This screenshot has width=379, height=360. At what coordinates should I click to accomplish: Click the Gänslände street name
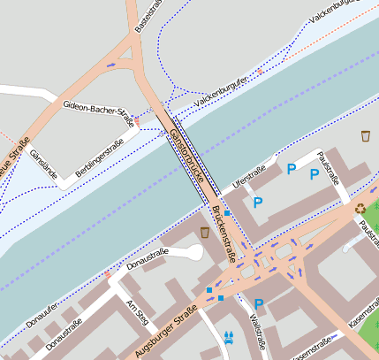point(43,165)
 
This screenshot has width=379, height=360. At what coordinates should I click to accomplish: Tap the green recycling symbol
point(360,209)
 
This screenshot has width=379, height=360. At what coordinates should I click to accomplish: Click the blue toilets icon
point(229,336)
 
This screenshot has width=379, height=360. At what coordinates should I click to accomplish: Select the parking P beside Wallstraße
point(259,303)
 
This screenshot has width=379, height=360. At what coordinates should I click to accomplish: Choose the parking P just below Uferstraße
point(258,203)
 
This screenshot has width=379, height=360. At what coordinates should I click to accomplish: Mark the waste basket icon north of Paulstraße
point(366,136)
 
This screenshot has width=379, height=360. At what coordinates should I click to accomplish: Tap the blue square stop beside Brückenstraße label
point(227,213)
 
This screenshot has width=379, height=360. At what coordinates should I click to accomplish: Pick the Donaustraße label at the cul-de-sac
point(148,258)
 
